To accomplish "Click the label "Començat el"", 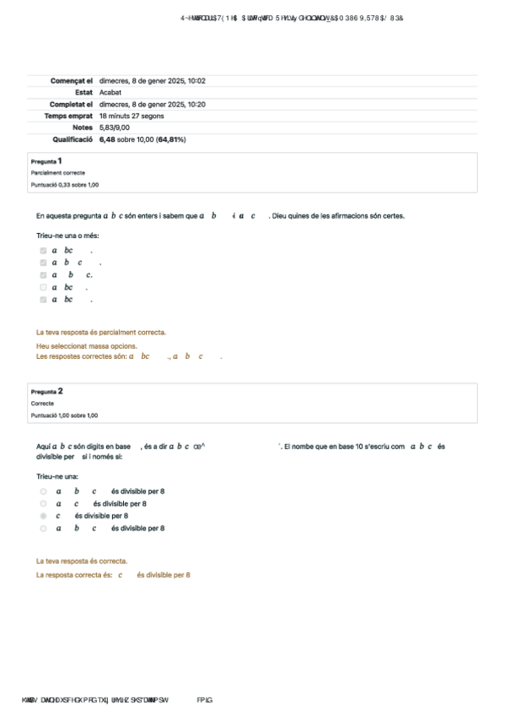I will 72,81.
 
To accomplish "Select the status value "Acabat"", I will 110,92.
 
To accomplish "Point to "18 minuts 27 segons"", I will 132,116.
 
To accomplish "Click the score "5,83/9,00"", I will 114,127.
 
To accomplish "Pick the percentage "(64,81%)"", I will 169,139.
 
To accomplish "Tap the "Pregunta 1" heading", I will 46,160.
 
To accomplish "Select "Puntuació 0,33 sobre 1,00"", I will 64,184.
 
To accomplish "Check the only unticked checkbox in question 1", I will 43,287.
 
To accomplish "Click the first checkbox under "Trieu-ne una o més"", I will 43,251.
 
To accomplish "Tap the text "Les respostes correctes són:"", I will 81,357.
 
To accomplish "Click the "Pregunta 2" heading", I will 47,392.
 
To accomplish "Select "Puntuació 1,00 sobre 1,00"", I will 64,415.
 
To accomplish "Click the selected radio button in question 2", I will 43,516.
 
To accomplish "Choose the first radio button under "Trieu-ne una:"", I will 43,491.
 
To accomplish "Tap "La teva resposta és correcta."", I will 82,561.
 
